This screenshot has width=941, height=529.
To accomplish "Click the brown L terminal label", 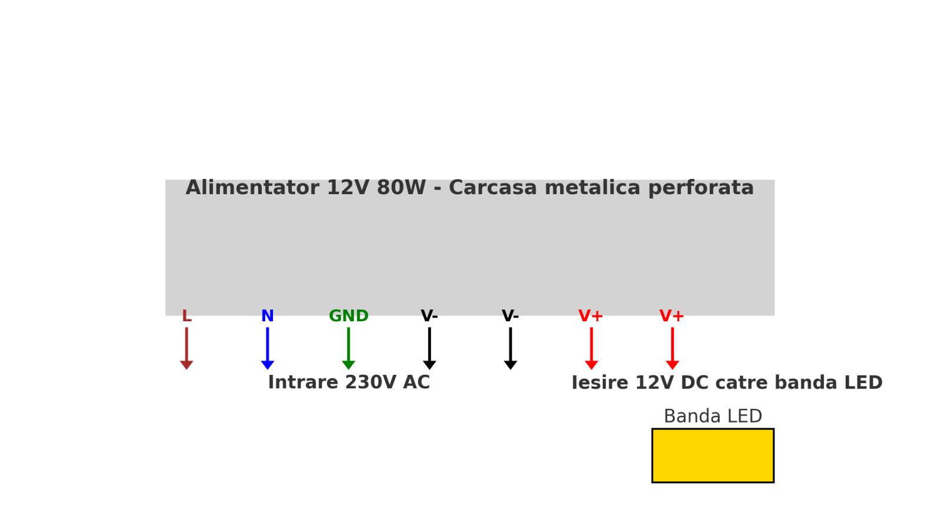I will click(x=186, y=316).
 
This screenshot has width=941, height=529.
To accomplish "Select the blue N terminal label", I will click(x=268, y=316).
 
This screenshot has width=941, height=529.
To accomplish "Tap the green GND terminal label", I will click(x=349, y=316).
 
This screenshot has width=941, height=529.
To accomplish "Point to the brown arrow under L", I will click(x=186, y=348).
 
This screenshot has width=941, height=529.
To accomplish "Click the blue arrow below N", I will click(x=268, y=348).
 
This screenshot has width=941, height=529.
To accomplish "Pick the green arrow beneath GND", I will click(x=349, y=348).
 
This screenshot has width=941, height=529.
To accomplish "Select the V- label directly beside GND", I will click(x=429, y=316).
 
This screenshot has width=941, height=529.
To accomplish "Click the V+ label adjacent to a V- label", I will click(x=591, y=316).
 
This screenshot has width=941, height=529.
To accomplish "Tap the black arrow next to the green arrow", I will click(x=429, y=348).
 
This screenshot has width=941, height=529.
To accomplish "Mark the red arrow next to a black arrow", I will click(x=592, y=348).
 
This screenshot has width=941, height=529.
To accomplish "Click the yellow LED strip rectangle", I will click(x=713, y=455).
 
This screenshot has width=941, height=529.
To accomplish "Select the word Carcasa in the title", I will click(x=493, y=188).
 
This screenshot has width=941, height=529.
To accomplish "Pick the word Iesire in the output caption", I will click(x=600, y=382).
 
